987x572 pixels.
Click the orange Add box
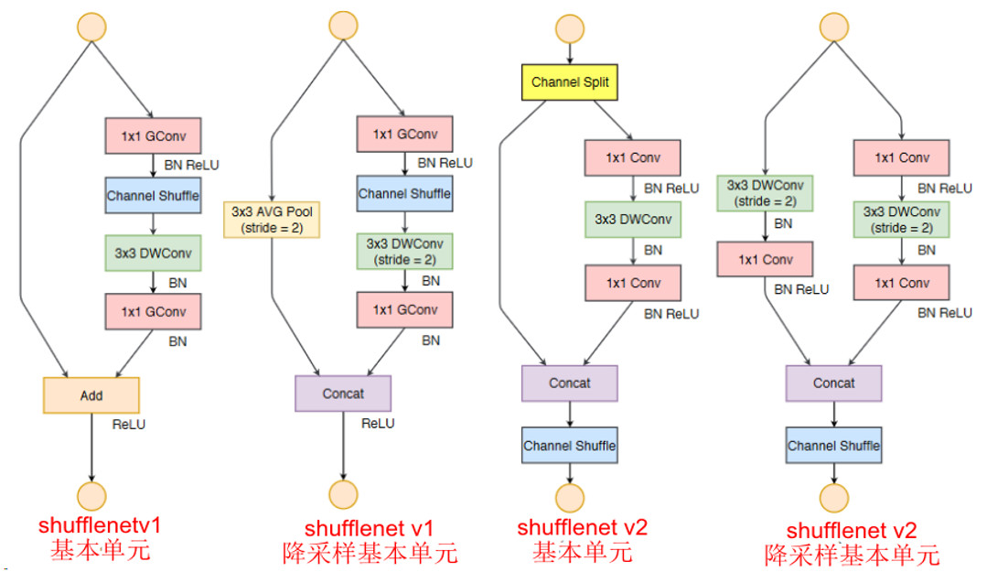point(91,395)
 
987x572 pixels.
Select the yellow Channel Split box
point(569,81)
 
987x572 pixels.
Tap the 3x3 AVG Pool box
point(272,220)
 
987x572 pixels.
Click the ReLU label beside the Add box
point(129,424)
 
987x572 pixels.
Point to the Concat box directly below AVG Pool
point(343,394)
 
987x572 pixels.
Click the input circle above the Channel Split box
point(569,27)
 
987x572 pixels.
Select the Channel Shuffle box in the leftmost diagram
point(153,195)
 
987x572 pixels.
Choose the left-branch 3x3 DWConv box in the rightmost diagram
point(764,192)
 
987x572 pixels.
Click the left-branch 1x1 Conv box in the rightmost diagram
point(764,260)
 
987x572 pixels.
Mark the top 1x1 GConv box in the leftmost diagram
point(153,135)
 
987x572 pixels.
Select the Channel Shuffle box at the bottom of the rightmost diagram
point(833,445)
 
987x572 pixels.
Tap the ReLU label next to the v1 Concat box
point(378,423)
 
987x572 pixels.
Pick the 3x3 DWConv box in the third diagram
point(633,219)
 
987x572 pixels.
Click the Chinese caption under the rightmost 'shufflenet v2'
point(852,555)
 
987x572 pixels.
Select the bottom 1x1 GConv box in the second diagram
point(404,309)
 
